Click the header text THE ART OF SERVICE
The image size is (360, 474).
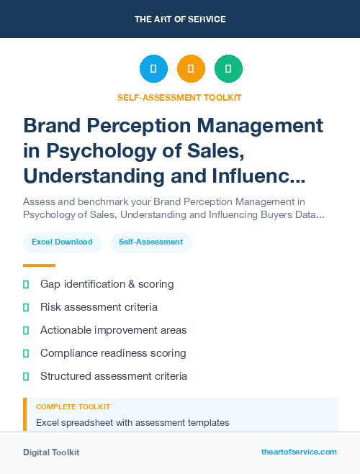point(180,19)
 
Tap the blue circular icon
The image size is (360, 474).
point(153,69)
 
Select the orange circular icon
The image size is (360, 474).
point(191,69)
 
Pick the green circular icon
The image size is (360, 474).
point(228,69)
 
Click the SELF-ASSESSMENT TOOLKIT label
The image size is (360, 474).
point(180,97)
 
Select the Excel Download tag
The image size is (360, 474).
point(62,242)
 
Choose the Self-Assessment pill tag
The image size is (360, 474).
point(150,242)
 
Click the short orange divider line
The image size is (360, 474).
point(39,265)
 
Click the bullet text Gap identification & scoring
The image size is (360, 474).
point(107,284)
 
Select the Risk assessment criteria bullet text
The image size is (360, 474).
point(99,307)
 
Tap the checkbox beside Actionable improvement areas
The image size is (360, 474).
point(26,330)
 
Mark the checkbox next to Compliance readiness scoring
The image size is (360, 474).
point(26,353)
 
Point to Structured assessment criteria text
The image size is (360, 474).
point(114,376)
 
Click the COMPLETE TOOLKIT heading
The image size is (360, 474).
point(73,407)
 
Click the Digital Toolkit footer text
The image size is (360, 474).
point(51,452)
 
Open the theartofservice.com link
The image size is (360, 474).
point(299,452)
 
